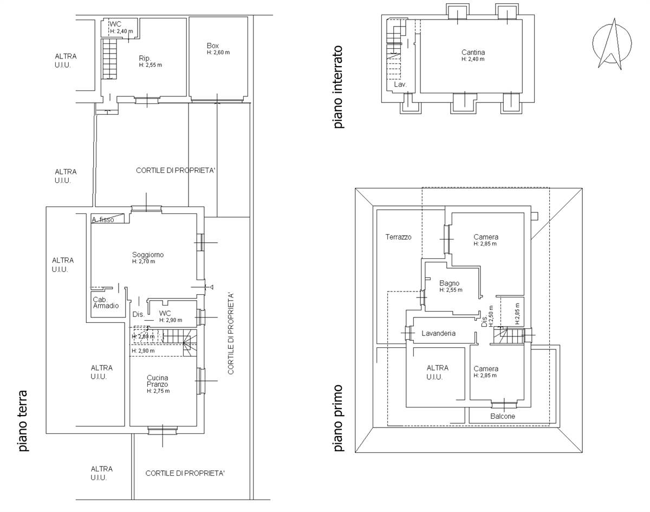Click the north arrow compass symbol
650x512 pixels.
pyautogui.click(x=612, y=44)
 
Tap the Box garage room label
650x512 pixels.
pyautogui.click(x=213, y=46)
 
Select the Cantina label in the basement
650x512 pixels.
pyautogui.click(x=473, y=53)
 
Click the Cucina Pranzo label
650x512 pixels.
pyautogui.click(x=158, y=381)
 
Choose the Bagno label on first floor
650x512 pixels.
pyautogui.click(x=449, y=283)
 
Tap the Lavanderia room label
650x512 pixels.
pyautogui.click(x=438, y=333)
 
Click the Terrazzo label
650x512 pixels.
pyautogui.click(x=398, y=237)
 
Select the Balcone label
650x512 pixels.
pyautogui.click(x=503, y=416)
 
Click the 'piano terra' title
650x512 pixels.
pyautogui.click(x=23, y=421)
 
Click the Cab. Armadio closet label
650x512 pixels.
pyautogui.click(x=106, y=302)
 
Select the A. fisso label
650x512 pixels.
pyautogui.click(x=103, y=220)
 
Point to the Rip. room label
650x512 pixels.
pyautogui.click(x=145, y=58)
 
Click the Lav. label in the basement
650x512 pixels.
pyautogui.click(x=400, y=85)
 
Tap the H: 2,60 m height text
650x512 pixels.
pyautogui.click(x=218, y=53)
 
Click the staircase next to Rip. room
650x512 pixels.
pyautogui.click(x=109, y=59)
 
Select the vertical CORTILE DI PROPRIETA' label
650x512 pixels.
pyautogui.click(x=231, y=333)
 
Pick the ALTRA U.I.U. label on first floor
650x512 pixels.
pyautogui.click(x=437, y=372)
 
